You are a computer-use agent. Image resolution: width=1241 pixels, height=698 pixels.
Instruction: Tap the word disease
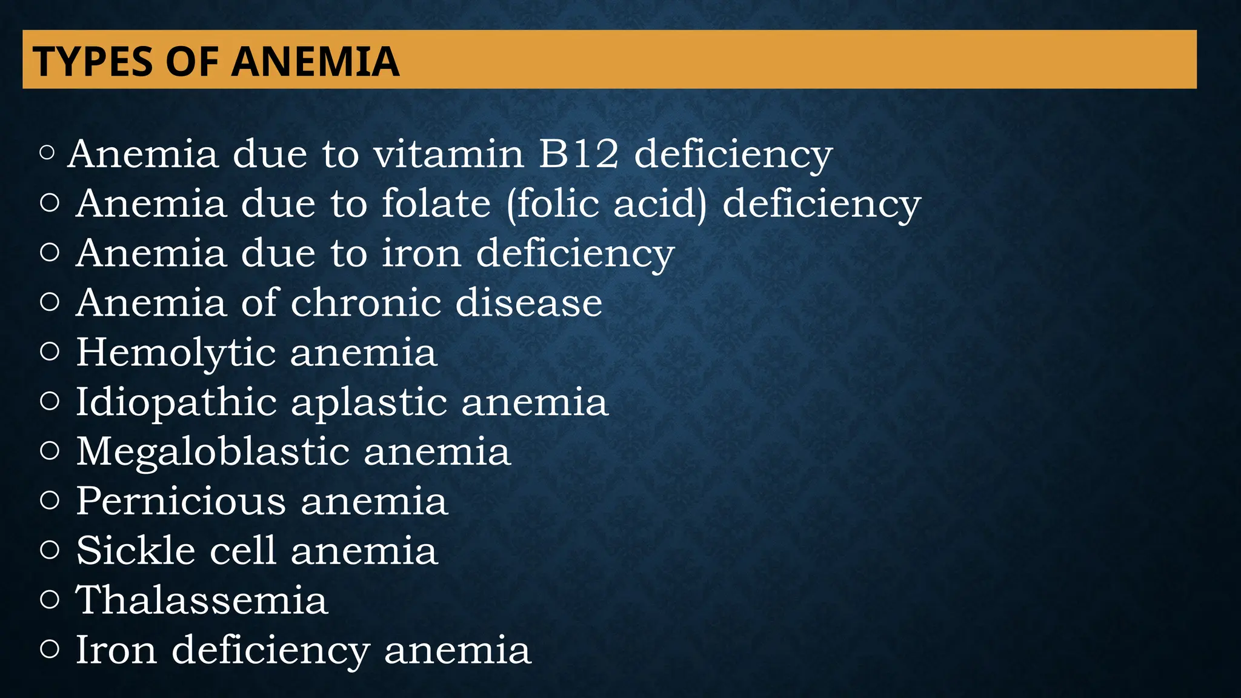(x=528, y=302)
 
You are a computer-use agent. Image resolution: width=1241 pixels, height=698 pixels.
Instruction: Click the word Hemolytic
(x=175, y=353)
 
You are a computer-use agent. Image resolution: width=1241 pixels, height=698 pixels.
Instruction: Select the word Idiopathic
(x=176, y=403)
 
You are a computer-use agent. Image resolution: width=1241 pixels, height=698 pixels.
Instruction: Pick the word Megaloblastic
(x=212, y=451)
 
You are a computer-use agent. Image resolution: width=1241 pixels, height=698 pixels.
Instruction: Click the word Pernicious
(x=180, y=501)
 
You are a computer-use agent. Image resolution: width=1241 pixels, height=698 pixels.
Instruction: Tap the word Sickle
(x=136, y=551)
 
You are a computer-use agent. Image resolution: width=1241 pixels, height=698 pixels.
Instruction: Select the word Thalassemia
(x=201, y=600)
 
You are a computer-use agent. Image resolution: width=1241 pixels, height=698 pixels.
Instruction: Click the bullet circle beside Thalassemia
(x=50, y=600)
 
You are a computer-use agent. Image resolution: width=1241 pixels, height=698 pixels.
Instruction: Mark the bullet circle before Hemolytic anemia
(x=50, y=351)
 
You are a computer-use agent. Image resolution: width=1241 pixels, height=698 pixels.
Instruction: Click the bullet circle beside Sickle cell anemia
(x=50, y=550)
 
